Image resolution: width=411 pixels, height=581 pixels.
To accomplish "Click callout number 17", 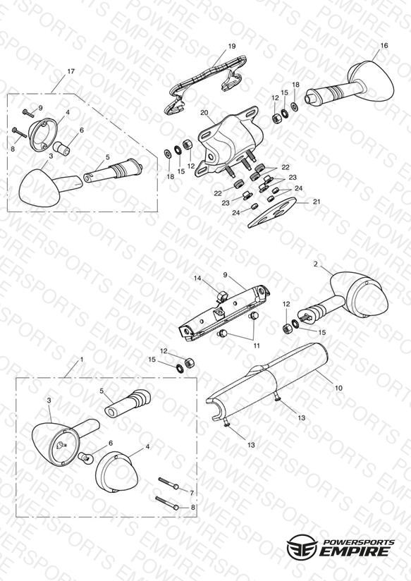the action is pyautogui.click(x=70, y=71).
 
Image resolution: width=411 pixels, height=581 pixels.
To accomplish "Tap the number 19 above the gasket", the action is pyautogui.click(x=232, y=47).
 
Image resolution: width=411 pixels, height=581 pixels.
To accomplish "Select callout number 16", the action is pyautogui.click(x=384, y=46).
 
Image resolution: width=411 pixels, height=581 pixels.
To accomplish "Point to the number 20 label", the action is pyautogui.click(x=204, y=113).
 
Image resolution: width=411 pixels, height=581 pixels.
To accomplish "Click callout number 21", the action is pyautogui.click(x=317, y=202).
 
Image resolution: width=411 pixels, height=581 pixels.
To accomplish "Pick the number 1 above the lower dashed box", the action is pyautogui.click(x=82, y=360).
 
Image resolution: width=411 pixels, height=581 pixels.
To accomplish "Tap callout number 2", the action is pyautogui.click(x=315, y=264).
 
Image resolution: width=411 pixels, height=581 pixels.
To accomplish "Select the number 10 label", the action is pyautogui.click(x=338, y=389).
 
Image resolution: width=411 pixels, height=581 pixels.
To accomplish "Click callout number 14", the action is pyautogui.click(x=198, y=279).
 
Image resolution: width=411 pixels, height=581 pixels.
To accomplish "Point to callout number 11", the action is pyautogui.click(x=257, y=345).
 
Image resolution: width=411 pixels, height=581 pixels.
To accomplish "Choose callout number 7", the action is pyautogui.click(x=192, y=493).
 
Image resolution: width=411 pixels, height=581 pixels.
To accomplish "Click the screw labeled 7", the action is pyautogui.click(x=169, y=484).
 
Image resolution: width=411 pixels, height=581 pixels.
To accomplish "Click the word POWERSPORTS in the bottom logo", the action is pyautogui.click(x=357, y=542).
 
